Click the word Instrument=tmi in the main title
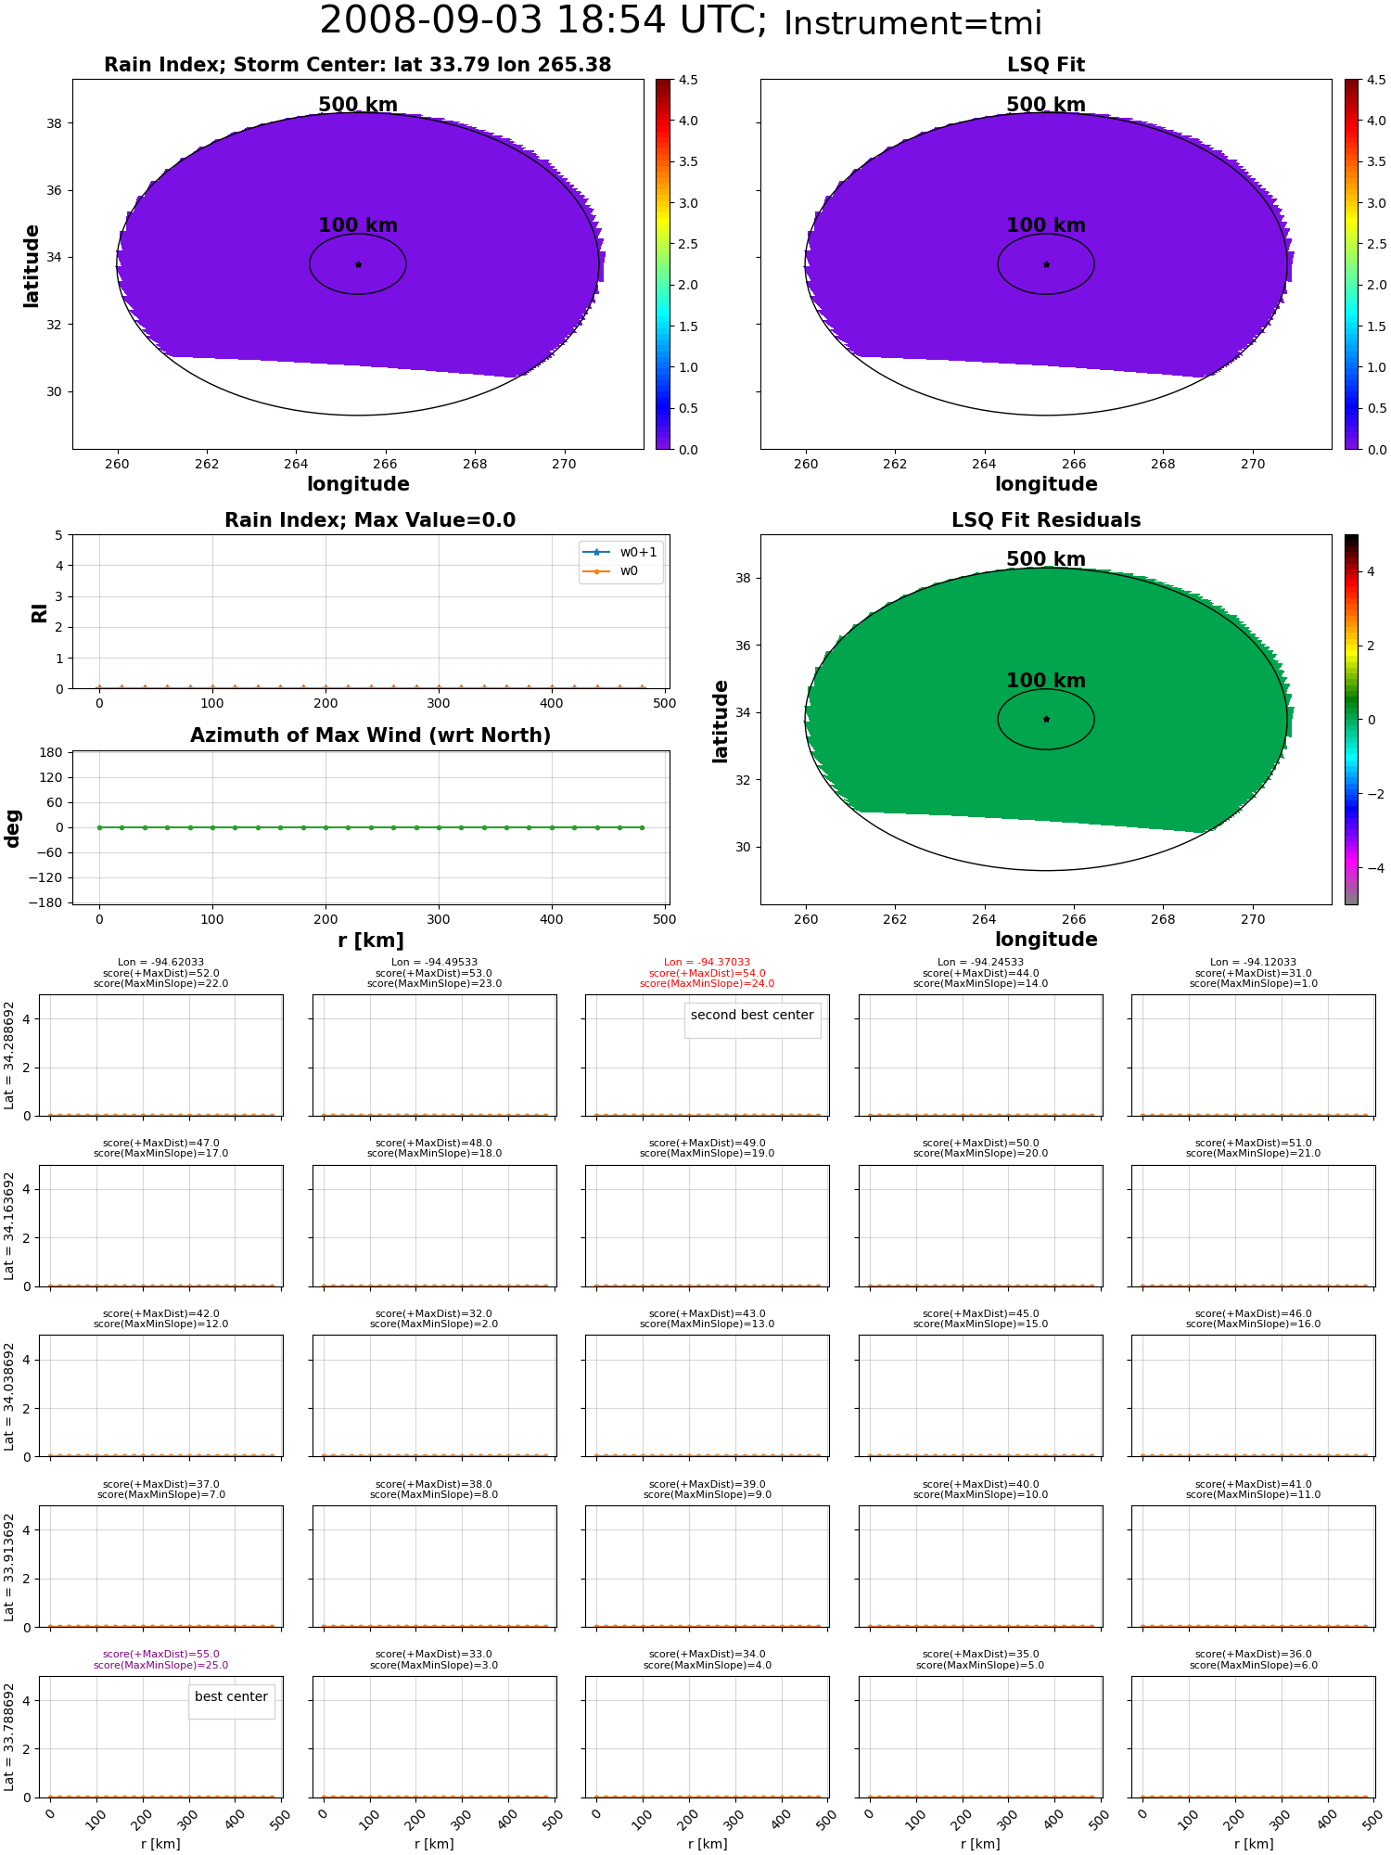(912, 24)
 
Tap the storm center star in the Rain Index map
(358, 264)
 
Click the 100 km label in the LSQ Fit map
(1046, 225)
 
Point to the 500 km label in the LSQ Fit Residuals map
(1046, 559)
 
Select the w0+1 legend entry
(620, 553)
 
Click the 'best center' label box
(231, 1697)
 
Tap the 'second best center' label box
(752, 1016)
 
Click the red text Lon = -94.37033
(707, 963)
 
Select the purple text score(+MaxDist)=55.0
(161, 1655)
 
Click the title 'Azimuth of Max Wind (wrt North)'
(370, 736)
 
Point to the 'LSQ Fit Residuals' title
(1046, 520)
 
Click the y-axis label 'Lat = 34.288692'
(9, 1055)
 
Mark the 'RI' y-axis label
(40, 612)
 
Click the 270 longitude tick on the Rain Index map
(564, 465)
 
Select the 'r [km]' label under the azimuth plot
(370, 940)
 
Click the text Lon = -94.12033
(1254, 963)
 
